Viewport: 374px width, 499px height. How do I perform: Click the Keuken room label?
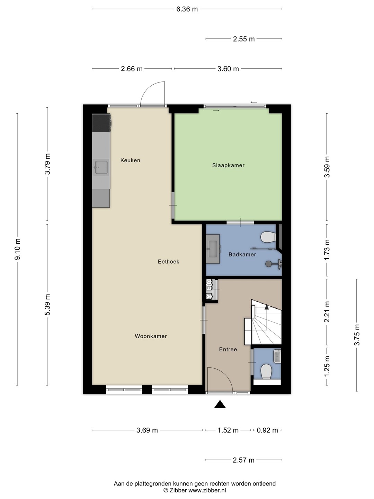(x=130, y=160)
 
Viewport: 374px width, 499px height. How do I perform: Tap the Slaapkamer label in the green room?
(x=228, y=165)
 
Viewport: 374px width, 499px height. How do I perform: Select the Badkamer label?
(x=242, y=254)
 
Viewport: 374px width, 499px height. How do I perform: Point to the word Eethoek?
(x=169, y=262)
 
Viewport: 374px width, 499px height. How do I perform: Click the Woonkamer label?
(x=151, y=336)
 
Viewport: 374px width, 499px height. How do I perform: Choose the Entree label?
(x=228, y=349)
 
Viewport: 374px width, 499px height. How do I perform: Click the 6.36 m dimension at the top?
(x=187, y=9)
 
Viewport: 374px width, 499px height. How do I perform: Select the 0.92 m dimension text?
(x=267, y=430)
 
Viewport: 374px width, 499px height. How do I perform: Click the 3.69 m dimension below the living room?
(x=147, y=430)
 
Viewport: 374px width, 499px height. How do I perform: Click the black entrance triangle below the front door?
(x=220, y=404)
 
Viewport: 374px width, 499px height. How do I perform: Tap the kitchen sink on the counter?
(x=101, y=167)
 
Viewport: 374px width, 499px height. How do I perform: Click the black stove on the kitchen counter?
(x=101, y=123)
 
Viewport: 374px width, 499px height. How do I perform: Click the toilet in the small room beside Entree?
(x=266, y=371)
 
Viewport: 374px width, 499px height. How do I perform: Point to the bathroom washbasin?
(x=213, y=249)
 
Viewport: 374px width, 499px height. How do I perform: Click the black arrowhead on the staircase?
(x=267, y=307)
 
